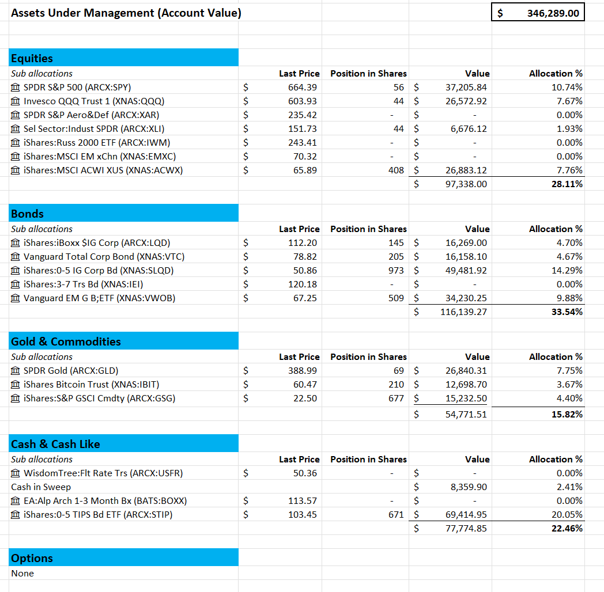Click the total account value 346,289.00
pyautogui.click(x=553, y=13)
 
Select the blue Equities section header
pyautogui.click(x=124, y=58)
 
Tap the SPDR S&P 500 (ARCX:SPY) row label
pyautogui.click(x=77, y=88)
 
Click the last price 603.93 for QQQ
pyautogui.click(x=303, y=101)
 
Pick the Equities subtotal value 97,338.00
pyautogui.click(x=466, y=184)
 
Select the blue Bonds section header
pyautogui.click(x=124, y=214)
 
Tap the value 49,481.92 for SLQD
pyautogui.click(x=466, y=271)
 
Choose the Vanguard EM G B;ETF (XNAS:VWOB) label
pyautogui.click(x=99, y=298)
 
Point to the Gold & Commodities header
pyautogui.click(x=124, y=341)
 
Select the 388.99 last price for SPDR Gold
pyautogui.click(x=303, y=371)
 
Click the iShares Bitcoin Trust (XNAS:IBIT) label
pyautogui.click(x=91, y=385)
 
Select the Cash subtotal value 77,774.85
pyautogui.click(x=466, y=529)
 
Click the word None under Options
pyautogui.click(x=22, y=574)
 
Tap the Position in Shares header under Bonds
pyautogui.click(x=368, y=229)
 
